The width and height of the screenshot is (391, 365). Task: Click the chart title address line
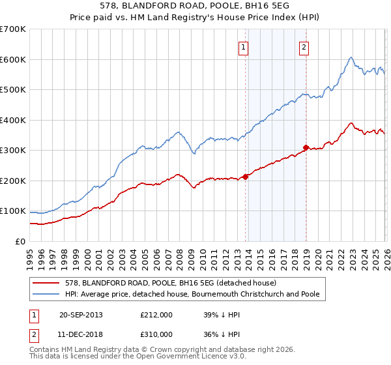point(195,6)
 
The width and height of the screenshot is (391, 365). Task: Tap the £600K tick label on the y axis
point(12,59)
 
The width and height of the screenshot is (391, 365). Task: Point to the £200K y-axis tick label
point(12,181)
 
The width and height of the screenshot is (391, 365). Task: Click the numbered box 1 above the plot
point(243,47)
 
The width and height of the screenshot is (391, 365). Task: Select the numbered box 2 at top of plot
point(304,47)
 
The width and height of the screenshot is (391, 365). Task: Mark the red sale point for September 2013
point(245,177)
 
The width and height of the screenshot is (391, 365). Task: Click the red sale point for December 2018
point(306,147)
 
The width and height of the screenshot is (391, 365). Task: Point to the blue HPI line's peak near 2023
point(351,57)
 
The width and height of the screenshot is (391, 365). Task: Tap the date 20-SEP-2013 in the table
point(81,315)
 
